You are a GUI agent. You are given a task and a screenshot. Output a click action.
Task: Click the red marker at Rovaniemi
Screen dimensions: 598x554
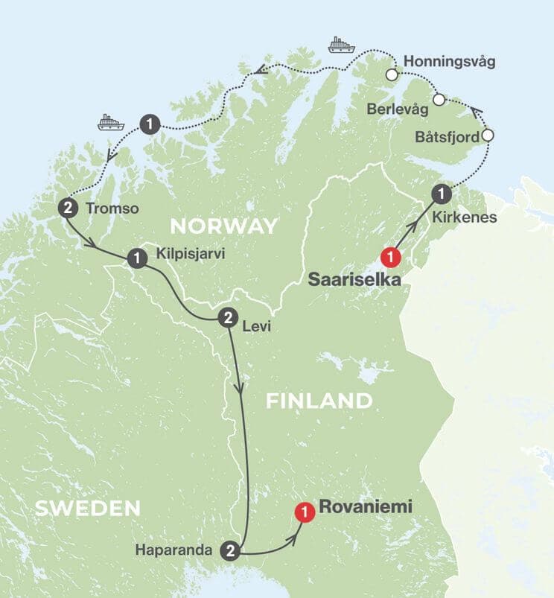pos(303,512)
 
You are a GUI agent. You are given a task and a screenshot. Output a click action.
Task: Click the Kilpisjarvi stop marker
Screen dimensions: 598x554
pos(137,258)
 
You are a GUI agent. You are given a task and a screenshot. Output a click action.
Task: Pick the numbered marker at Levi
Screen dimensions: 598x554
pos(227,318)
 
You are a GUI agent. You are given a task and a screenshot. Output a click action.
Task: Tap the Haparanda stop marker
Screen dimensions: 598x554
pos(231,550)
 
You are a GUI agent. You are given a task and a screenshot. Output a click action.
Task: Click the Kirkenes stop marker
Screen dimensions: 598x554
pos(442,194)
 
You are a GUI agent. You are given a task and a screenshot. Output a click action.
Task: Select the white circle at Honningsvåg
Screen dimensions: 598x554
pos(391,74)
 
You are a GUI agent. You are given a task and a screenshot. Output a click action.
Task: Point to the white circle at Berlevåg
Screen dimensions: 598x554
pos(439,99)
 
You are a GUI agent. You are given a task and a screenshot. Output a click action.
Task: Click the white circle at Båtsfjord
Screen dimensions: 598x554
pos(488,136)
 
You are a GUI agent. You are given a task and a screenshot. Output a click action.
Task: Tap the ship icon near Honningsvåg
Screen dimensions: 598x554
pos(339,45)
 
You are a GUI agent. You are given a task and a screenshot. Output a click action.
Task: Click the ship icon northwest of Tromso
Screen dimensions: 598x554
pos(109,122)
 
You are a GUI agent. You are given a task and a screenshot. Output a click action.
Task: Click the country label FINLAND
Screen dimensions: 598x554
pos(319,401)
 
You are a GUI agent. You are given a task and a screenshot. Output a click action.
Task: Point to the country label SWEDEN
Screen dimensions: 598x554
pos(87,509)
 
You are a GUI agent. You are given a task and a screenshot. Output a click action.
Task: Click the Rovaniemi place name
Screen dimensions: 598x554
pos(365,507)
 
